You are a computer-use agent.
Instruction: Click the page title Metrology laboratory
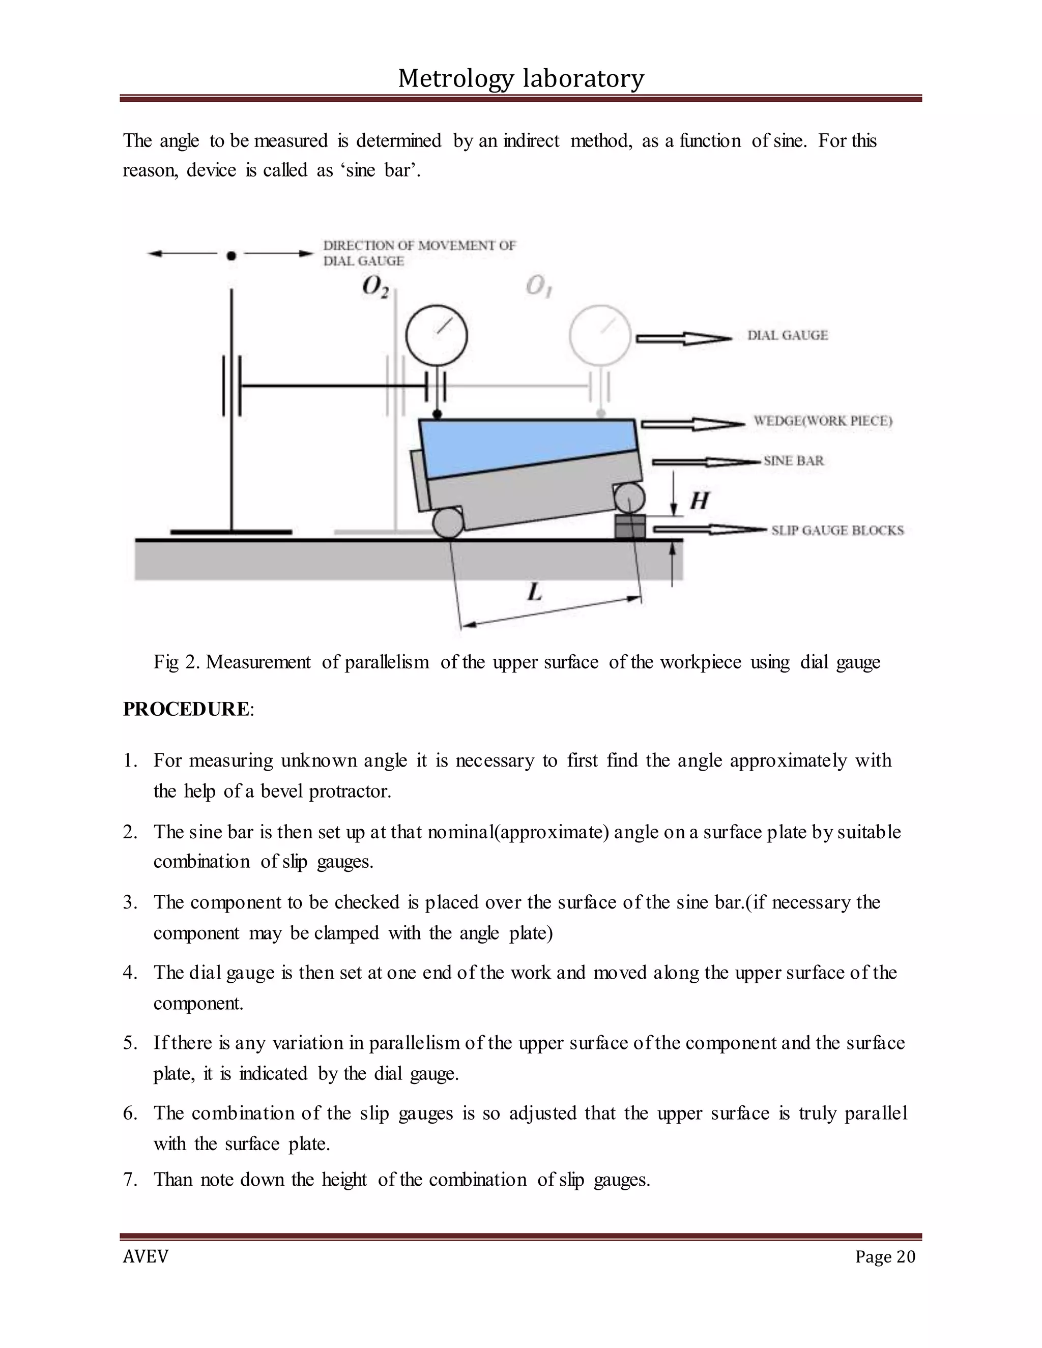520,78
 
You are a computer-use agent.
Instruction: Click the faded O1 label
538,286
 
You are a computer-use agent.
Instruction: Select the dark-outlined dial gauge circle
437,336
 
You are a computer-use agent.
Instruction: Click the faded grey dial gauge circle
599,336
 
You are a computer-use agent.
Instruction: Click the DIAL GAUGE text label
787,335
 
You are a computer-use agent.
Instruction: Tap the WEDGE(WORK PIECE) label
822,421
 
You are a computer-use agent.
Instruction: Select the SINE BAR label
793,460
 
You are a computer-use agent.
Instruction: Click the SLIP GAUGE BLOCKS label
837,530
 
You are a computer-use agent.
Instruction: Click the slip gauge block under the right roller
630,528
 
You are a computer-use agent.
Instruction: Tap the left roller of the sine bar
448,523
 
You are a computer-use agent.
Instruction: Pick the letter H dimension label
699,500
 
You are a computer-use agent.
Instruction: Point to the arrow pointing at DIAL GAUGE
683,338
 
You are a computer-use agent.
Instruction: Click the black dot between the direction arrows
231,255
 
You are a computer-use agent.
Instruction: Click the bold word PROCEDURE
185,709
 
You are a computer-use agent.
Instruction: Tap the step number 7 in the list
130,1180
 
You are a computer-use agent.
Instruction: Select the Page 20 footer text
885,1256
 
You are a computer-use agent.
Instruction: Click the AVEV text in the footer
145,1256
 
